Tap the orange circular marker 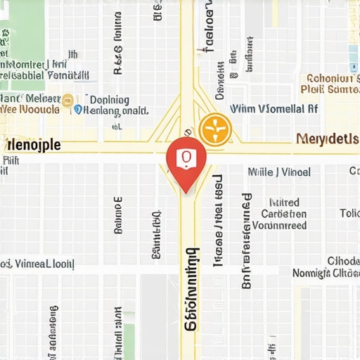point(214,129)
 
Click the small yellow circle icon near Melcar point(68,100)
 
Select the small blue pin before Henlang point(78,110)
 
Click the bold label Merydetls point(327,139)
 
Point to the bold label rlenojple point(31,145)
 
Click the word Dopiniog point(105,100)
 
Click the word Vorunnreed point(279,226)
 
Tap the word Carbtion point(283,214)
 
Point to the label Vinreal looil point(39,264)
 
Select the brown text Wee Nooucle point(30,110)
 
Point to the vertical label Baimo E point(117,214)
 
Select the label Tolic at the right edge point(349,213)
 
